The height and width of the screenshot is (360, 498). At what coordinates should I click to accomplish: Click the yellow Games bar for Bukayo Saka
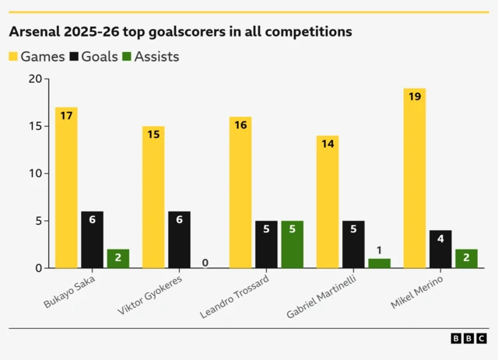66,187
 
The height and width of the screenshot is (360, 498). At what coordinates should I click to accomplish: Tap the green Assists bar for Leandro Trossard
292,244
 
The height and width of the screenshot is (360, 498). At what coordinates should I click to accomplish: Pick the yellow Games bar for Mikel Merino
414,178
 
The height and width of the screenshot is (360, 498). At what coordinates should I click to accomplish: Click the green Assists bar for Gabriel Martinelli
379,263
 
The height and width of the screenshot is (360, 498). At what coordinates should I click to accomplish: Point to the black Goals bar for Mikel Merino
440,249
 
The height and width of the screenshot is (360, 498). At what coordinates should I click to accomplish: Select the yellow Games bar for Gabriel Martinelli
327,201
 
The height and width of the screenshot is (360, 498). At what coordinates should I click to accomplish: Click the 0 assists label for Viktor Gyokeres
205,263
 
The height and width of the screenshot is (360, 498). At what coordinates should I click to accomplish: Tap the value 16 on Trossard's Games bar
240,124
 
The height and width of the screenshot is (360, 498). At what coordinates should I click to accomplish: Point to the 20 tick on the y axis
34,79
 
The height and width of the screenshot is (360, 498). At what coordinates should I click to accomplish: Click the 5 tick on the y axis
37,221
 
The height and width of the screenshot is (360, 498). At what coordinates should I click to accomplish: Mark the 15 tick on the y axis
34,126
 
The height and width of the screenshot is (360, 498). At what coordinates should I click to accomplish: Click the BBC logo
468,338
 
